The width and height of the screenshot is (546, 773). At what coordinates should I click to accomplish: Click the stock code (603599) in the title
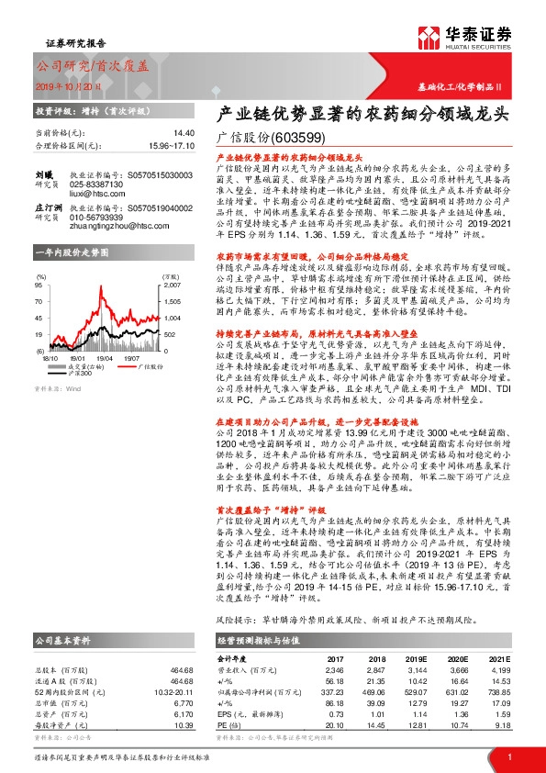298,138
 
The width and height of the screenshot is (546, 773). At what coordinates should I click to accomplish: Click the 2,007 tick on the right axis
172,286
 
